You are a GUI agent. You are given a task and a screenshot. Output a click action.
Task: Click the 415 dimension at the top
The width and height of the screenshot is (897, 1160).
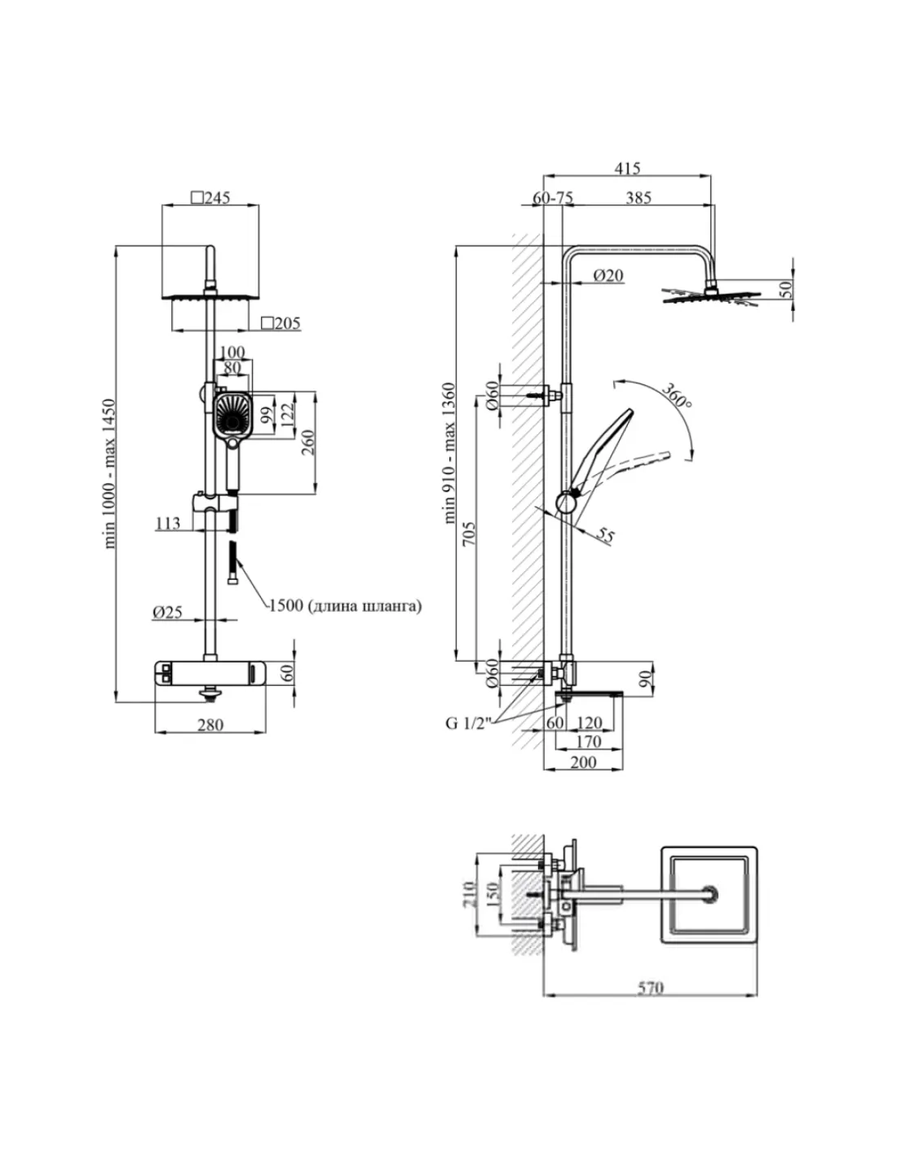(x=627, y=168)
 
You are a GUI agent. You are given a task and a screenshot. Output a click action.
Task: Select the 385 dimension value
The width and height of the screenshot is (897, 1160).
(x=639, y=198)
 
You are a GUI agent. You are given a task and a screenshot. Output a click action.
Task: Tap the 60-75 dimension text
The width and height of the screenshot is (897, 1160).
(x=553, y=198)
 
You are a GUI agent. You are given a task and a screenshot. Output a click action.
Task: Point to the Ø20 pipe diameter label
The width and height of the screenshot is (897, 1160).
(x=608, y=276)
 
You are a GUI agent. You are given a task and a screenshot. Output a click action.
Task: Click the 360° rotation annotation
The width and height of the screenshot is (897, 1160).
(x=677, y=395)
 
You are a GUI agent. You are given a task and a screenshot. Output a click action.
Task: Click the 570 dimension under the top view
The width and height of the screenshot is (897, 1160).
(x=651, y=988)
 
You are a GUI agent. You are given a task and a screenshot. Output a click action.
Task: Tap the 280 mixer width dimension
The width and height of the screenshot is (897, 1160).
(x=210, y=725)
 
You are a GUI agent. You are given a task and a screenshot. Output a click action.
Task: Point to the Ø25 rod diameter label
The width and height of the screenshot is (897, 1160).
(x=167, y=613)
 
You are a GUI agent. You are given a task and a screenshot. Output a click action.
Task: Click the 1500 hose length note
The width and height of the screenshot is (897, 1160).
(x=345, y=606)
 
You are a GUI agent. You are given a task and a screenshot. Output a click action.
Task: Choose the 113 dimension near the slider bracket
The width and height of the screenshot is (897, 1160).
(x=168, y=523)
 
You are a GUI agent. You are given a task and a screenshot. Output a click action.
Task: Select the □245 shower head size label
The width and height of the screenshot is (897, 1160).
(x=210, y=198)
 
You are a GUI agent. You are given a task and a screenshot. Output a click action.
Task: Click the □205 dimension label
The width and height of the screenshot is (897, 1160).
(x=281, y=323)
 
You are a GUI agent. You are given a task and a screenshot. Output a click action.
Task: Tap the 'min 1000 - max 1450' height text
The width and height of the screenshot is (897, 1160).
(x=108, y=473)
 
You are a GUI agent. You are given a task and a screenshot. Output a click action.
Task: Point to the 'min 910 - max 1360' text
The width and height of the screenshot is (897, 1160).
(x=450, y=453)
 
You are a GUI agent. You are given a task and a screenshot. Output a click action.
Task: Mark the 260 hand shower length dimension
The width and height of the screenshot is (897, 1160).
(x=308, y=442)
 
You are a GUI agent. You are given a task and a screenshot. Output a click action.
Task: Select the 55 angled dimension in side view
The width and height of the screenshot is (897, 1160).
(x=605, y=534)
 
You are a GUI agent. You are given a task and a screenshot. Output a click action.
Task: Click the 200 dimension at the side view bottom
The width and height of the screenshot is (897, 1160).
(x=583, y=762)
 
